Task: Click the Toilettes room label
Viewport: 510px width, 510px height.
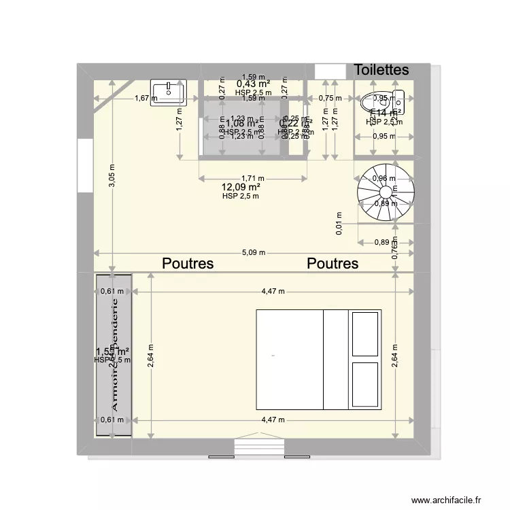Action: (x=381, y=70)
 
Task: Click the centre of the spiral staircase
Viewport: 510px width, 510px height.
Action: (x=386, y=192)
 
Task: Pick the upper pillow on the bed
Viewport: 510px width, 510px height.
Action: (x=365, y=334)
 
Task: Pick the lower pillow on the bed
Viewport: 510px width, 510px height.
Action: (x=365, y=384)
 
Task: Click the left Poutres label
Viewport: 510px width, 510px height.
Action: (x=188, y=264)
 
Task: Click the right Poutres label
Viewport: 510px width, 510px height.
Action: (x=333, y=264)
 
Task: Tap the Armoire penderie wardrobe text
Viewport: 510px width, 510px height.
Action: (x=114, y=355)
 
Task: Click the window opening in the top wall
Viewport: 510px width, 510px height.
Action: (x=330, y=71)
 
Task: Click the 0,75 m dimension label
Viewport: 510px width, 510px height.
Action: (x=329, y=98)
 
